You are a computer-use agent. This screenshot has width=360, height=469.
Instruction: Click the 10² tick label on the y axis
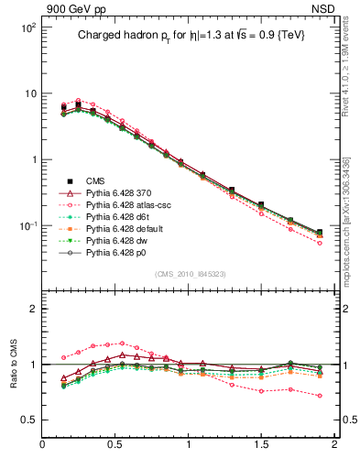pos(27,27)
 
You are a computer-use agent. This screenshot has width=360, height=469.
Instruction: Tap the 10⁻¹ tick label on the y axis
pos(27,225)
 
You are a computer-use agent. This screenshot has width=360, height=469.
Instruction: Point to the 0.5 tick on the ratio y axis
pos(27,420)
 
